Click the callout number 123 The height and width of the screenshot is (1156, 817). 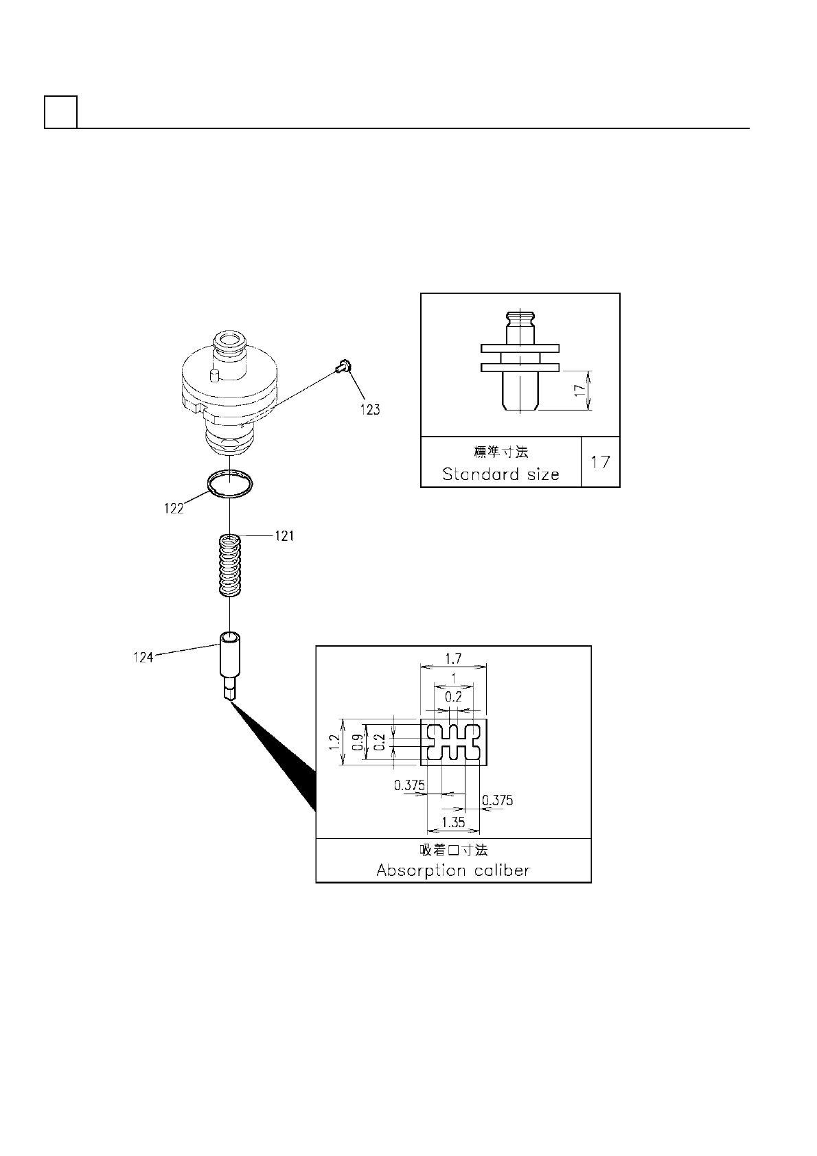point(369,410)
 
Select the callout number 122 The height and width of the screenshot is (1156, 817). point(174,509)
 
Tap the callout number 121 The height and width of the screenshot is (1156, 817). point(284,536)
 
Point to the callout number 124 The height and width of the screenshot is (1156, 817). point(143,658)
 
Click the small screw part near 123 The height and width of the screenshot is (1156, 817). point(344,367)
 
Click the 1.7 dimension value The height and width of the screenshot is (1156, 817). point(453,658)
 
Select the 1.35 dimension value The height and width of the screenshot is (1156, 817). point(453,822)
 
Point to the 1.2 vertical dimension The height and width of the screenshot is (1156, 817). point(334,742)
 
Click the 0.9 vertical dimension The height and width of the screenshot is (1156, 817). point(357,742)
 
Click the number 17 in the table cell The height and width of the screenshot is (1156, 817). point(600,462)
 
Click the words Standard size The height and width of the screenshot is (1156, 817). point(500,474)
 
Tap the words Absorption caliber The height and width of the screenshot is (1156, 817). point(453,870)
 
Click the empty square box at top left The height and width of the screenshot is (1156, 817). point(60,112)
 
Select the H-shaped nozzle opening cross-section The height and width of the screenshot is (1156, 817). point(453,742)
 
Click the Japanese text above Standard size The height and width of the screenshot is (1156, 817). point(501,452)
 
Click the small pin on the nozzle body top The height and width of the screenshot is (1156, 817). point(213,374)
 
